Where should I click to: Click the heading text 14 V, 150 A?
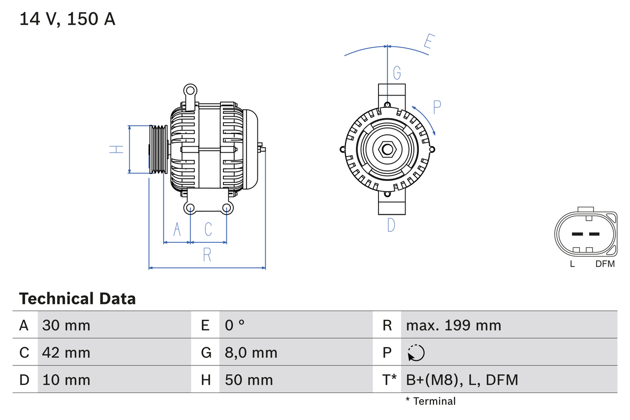click(x=67, y=19)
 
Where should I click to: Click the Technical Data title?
click(x=77, y=298)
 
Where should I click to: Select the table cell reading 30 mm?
click(x=66, y=325)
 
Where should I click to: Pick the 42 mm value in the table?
click(x=66, y=353)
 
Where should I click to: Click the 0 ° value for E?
click(x=235, y=325)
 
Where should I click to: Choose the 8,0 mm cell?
click(x=251, y=353)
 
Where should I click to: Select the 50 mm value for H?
click(x=249, y=380)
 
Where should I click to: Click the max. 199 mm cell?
click(x=453, y=325)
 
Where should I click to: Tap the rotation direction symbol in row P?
click(x=416, y=353)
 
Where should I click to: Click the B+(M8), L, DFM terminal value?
click(x=462, y=380)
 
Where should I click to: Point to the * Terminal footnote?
click(x=431, y=401)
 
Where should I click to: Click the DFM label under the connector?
click(x=605, y=264)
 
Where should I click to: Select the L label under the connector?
click(x=572, y=264)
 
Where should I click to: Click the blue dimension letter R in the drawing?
click(x=207, y=255)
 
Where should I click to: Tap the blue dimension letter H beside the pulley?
click(x=116, y=149)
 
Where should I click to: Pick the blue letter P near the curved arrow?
click(x=437, y=107)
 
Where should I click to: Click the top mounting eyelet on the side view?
click(x=190, y=90)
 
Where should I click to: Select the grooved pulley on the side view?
click(x=158, y=149)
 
